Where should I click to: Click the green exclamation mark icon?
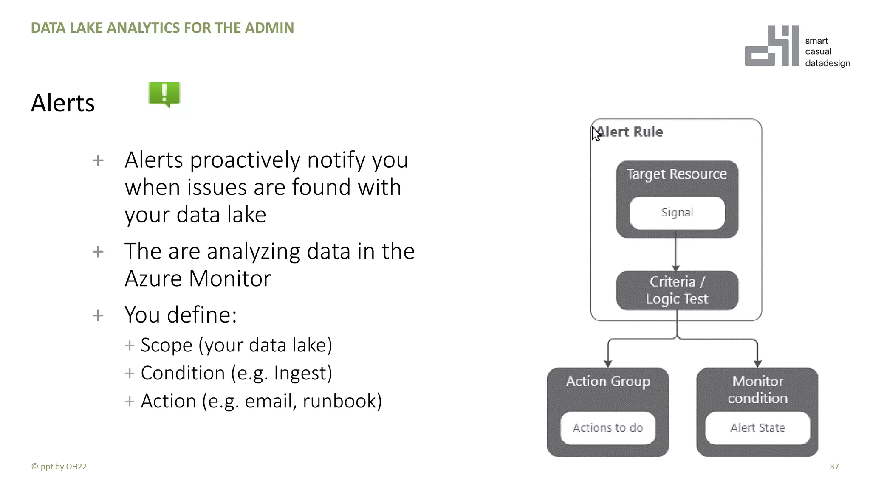coord(164,94)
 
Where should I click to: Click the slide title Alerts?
coord(63,103)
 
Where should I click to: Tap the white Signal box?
coord(677,213)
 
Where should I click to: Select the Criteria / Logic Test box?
coord(677,290)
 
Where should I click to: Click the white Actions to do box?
coord(608,428)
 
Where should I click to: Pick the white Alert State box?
coord(757,428)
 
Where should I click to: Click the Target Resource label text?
coord(677,174)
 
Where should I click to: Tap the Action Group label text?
coord(608,381)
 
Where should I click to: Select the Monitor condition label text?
coord(757,390)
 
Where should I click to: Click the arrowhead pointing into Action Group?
coord(608,363)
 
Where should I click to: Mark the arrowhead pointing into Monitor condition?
coord(757,363)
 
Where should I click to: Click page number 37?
coord(834,467)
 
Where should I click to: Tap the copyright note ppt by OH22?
coord(59,467)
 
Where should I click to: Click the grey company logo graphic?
coord(771,46)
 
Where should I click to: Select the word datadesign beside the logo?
coord(828,63)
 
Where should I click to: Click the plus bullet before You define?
coord(98,315)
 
